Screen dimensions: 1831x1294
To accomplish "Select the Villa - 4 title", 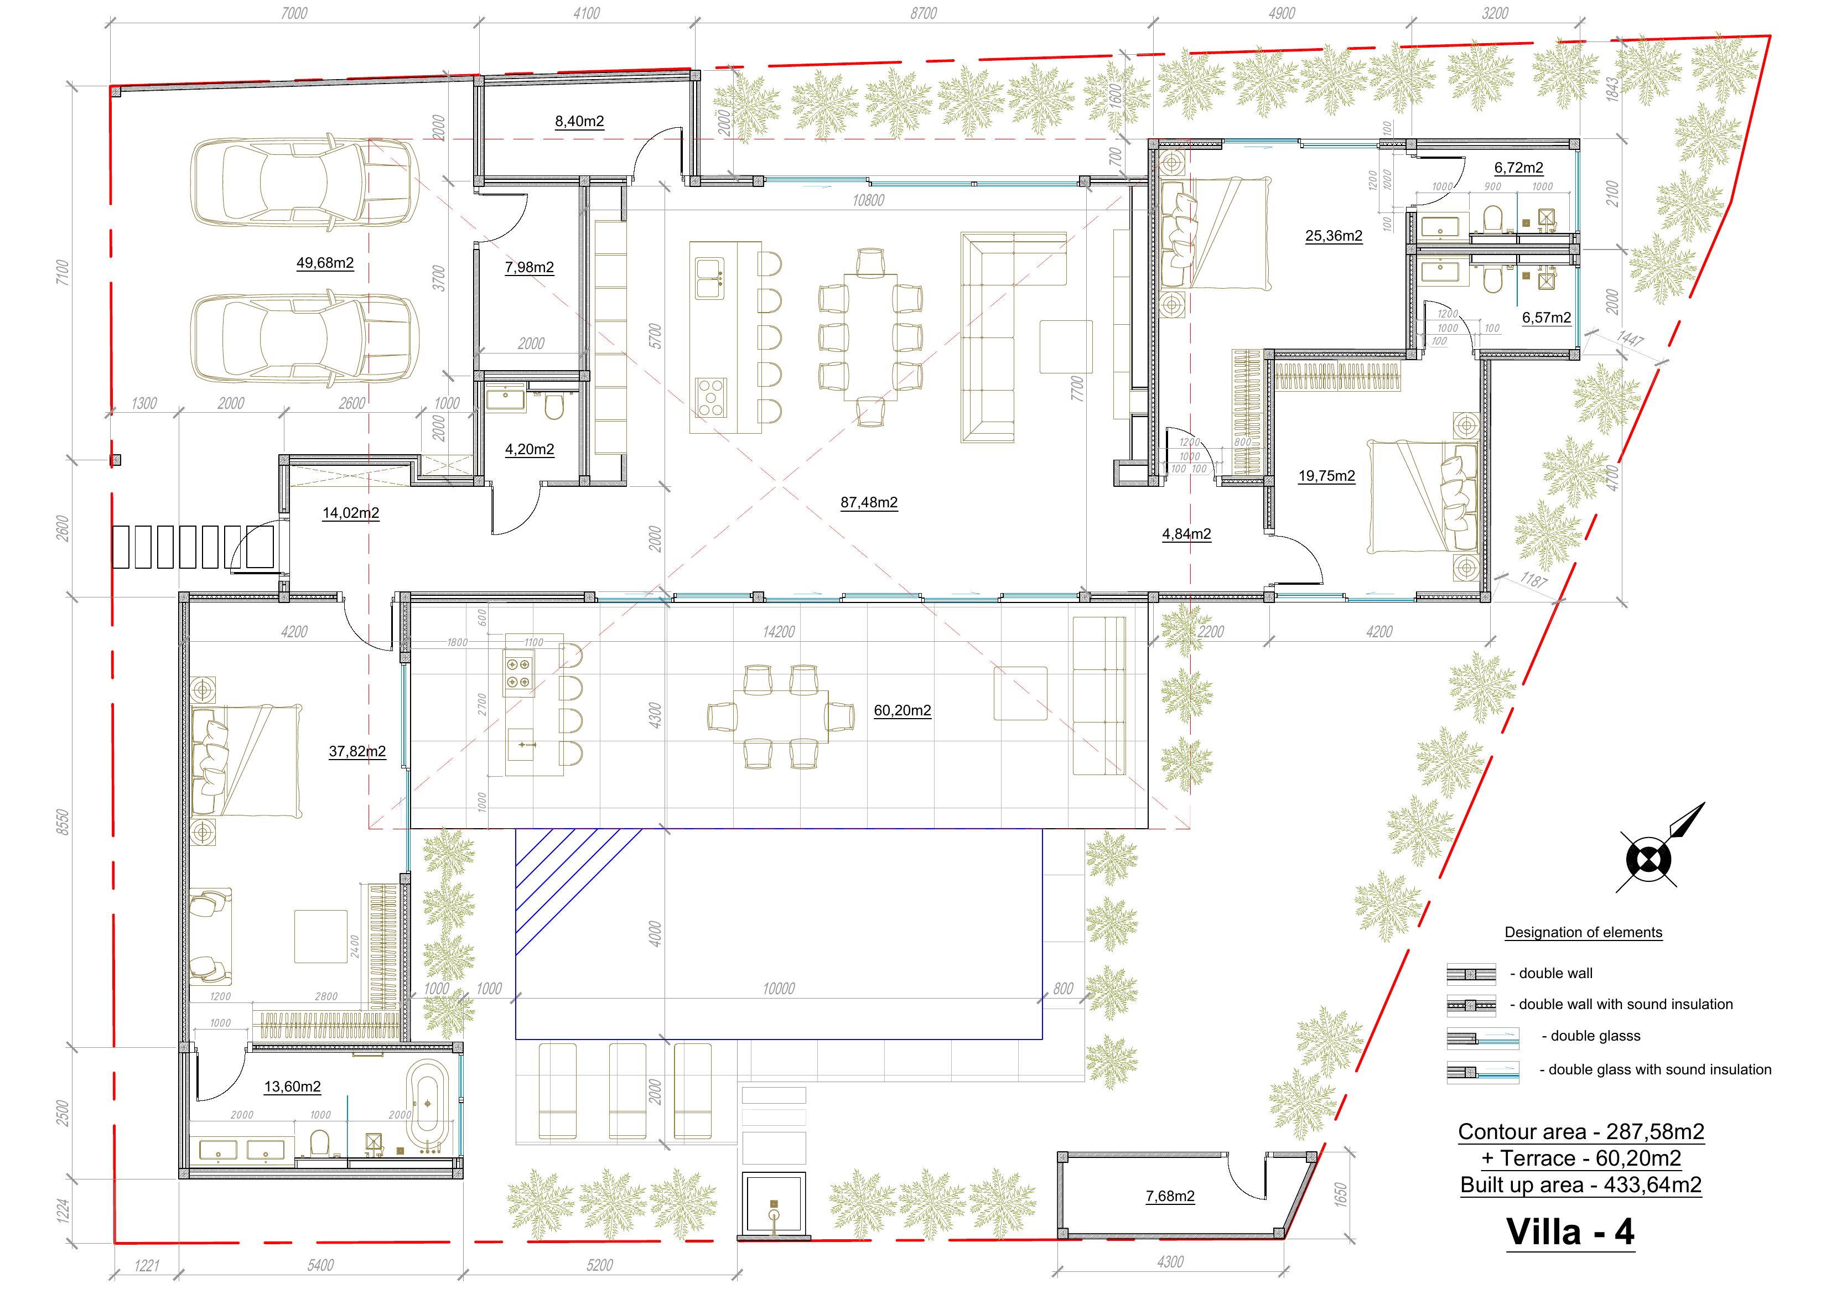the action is pyautogui.click(x=1570, y=1232).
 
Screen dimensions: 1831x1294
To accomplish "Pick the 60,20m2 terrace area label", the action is pyautogui.click(x=902, y=710).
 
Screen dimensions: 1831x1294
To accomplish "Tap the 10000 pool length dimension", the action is pyautogui.click(x=779, y=989).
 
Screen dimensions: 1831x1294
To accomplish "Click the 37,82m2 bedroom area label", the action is pyautogui.click(x=357, y=751).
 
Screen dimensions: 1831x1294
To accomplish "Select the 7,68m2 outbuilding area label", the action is pyautogui.click(x=1170, y=1196).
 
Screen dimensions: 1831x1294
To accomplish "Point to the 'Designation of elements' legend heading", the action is pyautogui.click(x=1583, y=933).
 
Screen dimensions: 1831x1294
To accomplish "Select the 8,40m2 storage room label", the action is pyautogui.click(x=580, y=121).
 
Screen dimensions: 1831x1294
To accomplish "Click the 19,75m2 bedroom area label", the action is pyautogui.click(x=1326, y=476).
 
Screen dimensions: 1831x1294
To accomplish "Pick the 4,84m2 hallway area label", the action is pyautogui.click(x=1187, y=534).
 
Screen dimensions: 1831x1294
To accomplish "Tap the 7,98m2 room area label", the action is pyautogui.click(x=530, y=267).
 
